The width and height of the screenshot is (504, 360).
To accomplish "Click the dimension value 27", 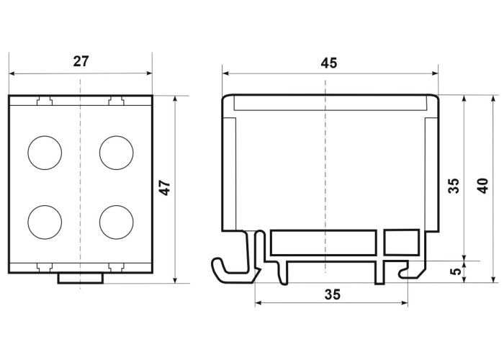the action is [81, 61].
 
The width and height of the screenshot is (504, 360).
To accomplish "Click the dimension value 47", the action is [166, 188].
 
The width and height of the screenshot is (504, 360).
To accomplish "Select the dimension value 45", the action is [329, 63].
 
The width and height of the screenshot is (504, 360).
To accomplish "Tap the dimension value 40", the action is [484, 186].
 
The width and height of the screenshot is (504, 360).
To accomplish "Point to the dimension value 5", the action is [456, 271].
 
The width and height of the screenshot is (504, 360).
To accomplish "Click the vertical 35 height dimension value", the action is [454, 186].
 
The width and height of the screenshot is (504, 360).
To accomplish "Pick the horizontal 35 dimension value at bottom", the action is [333, 294].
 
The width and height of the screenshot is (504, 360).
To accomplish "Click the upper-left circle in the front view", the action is [45, 153].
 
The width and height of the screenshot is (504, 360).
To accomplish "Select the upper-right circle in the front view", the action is [117, 153].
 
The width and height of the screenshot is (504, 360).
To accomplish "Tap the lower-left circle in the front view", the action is [45, 222].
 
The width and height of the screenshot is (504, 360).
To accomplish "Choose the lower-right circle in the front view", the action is [117, 222].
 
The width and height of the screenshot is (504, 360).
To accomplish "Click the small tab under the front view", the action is [81, 279].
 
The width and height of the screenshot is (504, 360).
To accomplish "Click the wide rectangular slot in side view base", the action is [324, 243].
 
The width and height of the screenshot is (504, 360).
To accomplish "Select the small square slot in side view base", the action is [402, 243].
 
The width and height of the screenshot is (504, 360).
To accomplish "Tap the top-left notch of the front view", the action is [45, 101].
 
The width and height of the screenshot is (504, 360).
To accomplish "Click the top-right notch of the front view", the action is [117, 101].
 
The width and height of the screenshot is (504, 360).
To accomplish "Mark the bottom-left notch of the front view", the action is [45, 266].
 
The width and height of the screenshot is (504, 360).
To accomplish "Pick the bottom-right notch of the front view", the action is [117, 266].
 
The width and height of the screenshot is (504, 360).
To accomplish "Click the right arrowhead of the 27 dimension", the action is [149, 73].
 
